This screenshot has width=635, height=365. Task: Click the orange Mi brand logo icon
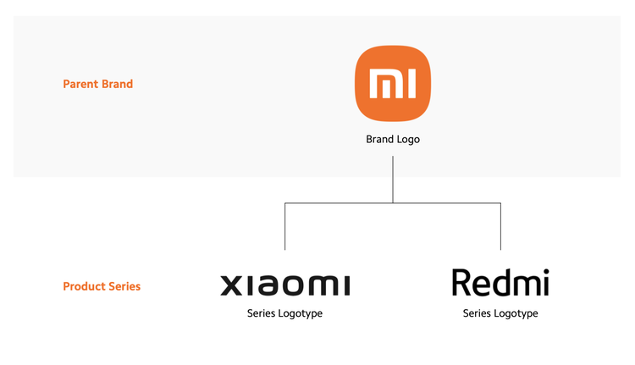click(392, 84)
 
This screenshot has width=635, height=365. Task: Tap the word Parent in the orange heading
click(80, 84)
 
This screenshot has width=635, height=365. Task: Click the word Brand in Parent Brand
click(117, 84)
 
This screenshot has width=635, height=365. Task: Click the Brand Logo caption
click(393, 140)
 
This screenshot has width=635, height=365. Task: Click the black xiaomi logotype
click(285, 285)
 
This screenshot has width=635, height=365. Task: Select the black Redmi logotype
click(500, 282)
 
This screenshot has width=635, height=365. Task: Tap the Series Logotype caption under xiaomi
click(284, 313)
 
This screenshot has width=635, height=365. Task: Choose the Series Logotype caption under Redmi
click(500, 313)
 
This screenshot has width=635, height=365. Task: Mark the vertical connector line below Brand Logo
click(393, 180)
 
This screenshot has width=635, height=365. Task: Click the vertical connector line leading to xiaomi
click(285, 226)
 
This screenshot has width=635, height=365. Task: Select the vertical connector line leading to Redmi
click(500, 226)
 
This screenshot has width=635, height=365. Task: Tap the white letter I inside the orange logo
click(411, 84)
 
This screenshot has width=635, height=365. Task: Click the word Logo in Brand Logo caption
click(408, 140)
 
